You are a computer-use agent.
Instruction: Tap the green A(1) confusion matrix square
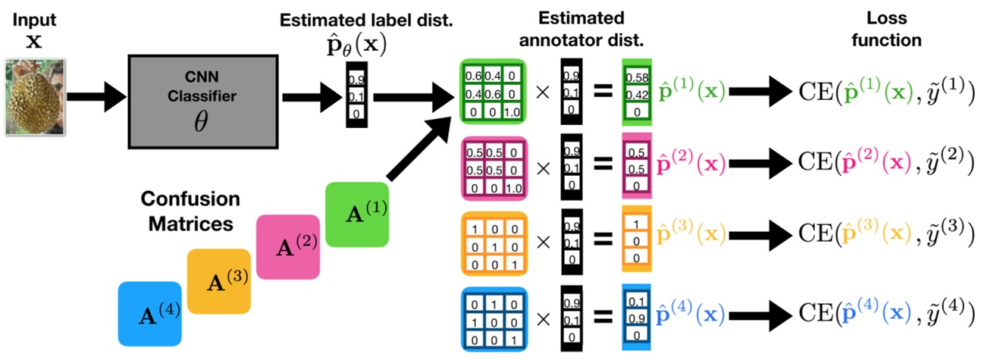pyautogui.click(x=356, y=214)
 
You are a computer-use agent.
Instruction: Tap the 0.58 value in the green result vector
pyautogui.click(x=636, y=79)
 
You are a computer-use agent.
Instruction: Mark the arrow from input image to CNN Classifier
pyautogui.click(x=94, y=97)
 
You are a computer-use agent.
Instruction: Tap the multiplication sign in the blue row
pyautogui.click(x=543, y=315)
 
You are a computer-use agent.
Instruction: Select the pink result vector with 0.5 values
pyautogui.click(x=636, y=165)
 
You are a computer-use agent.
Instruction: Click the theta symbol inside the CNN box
pyautogui.click(x=200, y=123)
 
